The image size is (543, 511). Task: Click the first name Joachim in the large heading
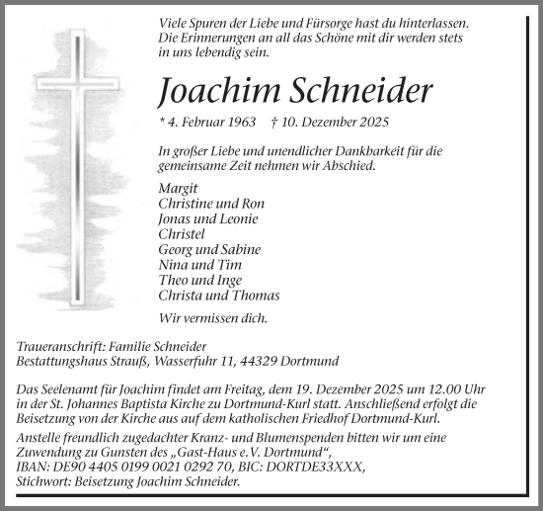click(x=210, y=91)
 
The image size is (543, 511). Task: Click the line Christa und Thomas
click(x=218, y=296)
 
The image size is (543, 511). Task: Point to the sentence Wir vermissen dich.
click(x=207, y=317)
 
